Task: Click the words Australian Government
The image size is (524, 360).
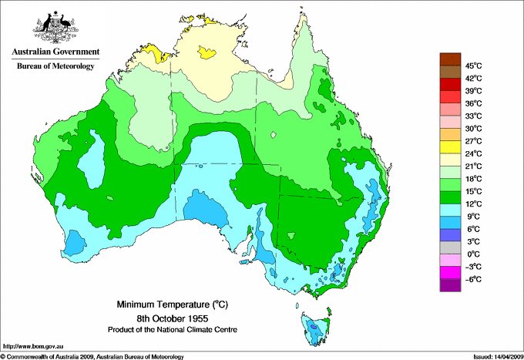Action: (x=55, y=52)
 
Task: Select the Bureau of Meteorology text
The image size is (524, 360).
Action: (x=55, y=66)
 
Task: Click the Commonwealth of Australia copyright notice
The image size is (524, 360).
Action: (x=92, y=356)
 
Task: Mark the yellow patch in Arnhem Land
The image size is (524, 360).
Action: (x=207, y=53)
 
